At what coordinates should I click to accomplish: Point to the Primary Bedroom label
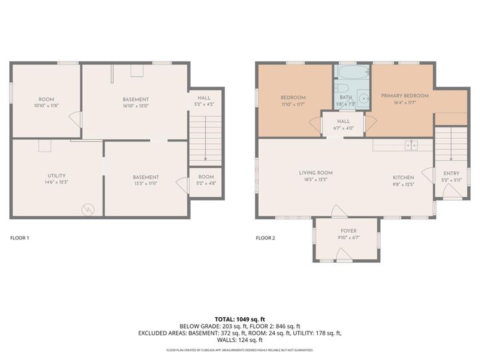[405, 96]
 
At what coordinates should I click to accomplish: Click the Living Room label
[315, 173]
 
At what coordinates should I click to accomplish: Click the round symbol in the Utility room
[88, 209]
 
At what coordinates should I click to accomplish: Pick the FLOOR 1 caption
[19, 237]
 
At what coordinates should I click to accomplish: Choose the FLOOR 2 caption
[265, 237]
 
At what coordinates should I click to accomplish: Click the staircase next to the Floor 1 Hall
[205, 137]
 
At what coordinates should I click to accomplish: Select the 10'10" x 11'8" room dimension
[46, 105]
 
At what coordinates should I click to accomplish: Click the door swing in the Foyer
[341, 253]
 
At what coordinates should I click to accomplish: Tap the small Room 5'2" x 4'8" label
[205, 179]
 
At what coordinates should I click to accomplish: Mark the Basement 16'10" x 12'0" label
[135, 102]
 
